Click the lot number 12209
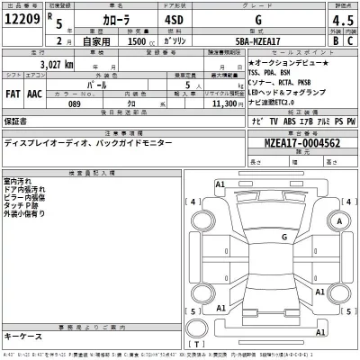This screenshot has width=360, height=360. (x=23, y=20)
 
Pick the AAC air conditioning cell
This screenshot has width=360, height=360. (x=35, y=93)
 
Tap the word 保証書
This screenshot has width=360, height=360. (x=16, y=119)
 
